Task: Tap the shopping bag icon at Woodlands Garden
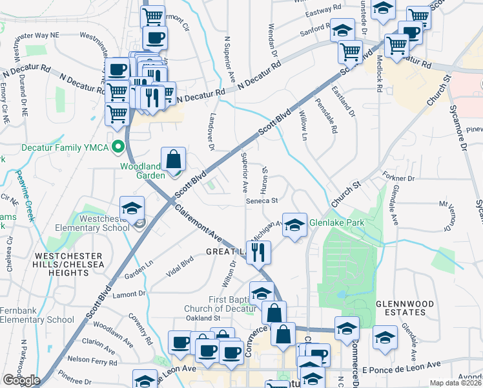174,159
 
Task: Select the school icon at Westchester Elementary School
132,208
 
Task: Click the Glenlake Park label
336,223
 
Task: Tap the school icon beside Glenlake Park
294,225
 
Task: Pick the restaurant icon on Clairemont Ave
258,252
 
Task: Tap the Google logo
21,380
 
